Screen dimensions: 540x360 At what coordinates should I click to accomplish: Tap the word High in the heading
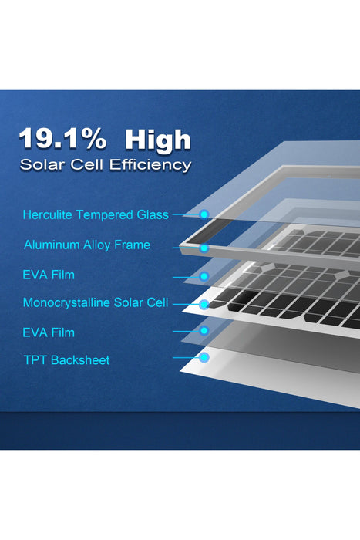(x=157, y=139)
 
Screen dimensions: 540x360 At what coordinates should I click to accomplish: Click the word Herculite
(x=49, y=214)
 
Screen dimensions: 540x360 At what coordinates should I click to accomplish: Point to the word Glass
(x=152, y=214)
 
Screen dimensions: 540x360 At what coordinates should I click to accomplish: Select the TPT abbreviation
(x=35, y=360)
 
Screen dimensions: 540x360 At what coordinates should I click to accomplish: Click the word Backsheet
(x=80, y=360)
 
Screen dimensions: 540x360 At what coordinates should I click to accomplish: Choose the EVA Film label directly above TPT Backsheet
(x=49, y=332)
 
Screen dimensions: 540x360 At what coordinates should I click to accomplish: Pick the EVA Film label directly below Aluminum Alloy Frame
(x=49, y=275)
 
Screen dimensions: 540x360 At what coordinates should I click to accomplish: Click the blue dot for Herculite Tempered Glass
(x=204, y=214)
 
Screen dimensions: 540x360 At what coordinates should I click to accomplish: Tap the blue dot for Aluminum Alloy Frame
(x=204, y=248)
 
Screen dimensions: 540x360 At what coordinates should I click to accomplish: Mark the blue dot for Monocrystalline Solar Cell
(x=204, y=305)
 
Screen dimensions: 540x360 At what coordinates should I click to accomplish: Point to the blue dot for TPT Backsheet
(x=204, y=358)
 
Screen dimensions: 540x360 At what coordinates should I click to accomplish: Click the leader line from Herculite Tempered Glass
(x=185, y=214)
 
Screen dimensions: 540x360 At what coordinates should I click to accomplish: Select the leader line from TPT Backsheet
(x=185, y=358)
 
